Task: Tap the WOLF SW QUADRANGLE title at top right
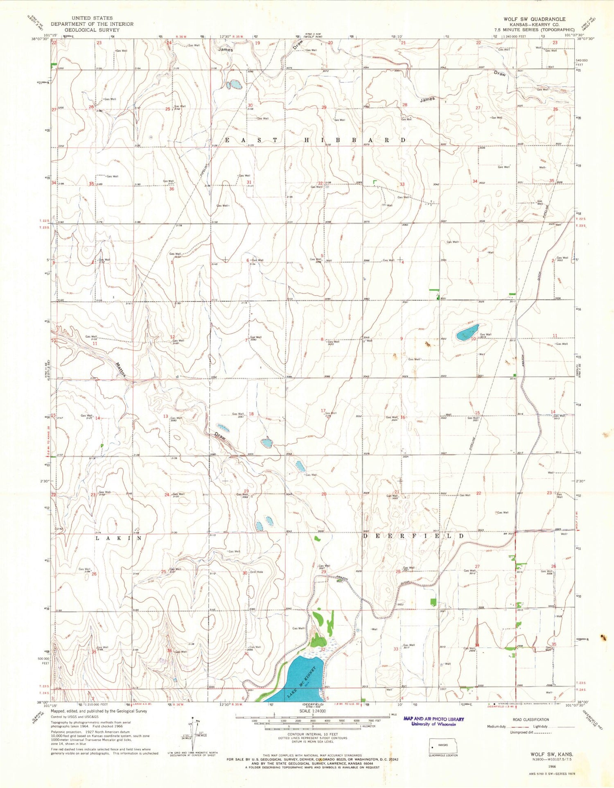pos(534,19)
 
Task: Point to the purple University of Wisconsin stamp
pos(433,721)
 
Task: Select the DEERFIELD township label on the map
pos(413,536)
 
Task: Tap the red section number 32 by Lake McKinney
pos(323,650)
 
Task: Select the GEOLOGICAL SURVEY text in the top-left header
pos(92,30)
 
